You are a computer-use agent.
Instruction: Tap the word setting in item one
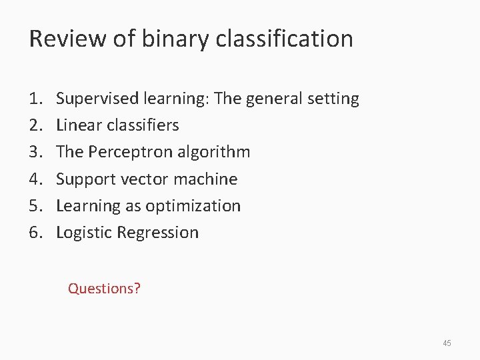tap(335, 99)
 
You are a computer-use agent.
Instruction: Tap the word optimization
tap(199, 206)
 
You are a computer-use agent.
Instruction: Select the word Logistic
tap(85, 233)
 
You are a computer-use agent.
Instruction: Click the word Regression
tap(157, 233)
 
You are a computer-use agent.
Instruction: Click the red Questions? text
tap(104, 289)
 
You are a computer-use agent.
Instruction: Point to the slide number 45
tap(447, 343)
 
